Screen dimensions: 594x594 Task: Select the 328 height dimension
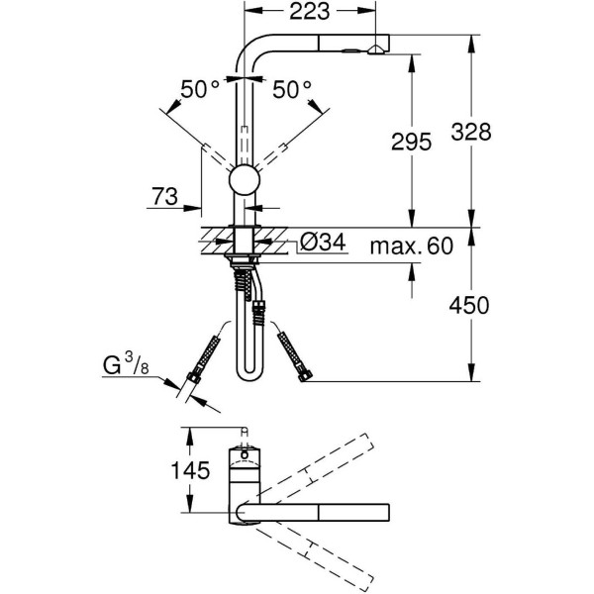(470, 131)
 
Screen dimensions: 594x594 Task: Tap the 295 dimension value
(410, 142)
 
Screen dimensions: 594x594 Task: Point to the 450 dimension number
(470, 305)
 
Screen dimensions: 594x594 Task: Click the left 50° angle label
(200, 90)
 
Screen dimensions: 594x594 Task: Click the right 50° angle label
(293, 90)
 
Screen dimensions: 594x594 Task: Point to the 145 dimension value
(189, 471)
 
